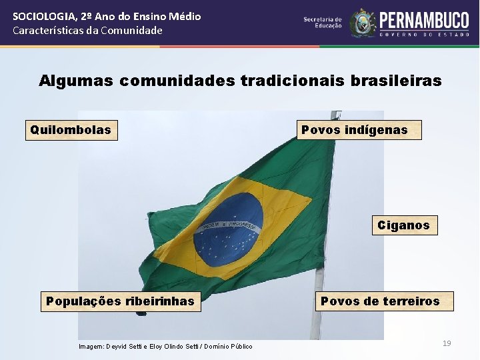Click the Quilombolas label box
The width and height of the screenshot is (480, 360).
coord(71,130)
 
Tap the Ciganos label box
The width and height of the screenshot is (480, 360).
coord(403,225)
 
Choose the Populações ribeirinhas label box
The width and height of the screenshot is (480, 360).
coord(120,301)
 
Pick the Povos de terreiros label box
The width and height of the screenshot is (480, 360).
coord(380,301)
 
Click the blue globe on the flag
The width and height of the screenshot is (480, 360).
coord(228,230)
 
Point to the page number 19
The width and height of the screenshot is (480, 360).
coord(447,343)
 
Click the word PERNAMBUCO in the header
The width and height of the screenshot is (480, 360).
coord(425,20)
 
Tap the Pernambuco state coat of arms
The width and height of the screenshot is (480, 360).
coord(363,23)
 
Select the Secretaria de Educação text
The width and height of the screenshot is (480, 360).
coord(323,23)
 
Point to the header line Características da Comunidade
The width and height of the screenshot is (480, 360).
coord(87,30)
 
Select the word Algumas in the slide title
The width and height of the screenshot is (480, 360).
coord(76,81)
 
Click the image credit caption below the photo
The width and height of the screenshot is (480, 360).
coord(165,347)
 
